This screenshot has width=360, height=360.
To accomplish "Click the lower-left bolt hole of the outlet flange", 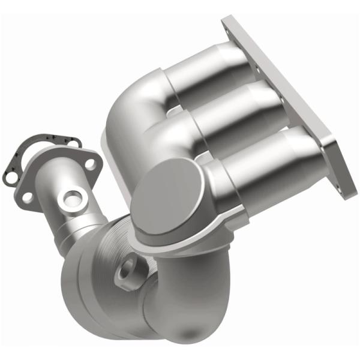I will (x=27, y=196).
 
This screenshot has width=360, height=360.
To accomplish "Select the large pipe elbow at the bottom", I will (x=180, y=300).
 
